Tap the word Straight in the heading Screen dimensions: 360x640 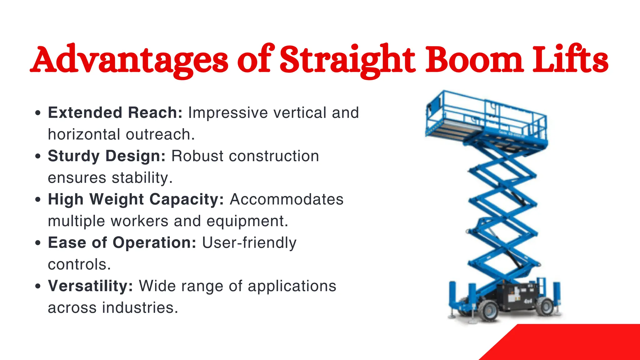(x=347, y=59)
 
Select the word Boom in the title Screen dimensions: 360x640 (x=475, y=59)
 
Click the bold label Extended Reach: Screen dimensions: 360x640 (x=115, y=112)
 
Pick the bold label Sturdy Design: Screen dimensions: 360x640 (x=107, y=156)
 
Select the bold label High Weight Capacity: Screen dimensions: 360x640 (x=136, y=199)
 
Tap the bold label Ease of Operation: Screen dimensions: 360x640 (x=122, y=242)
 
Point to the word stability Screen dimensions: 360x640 (x=141, y=178)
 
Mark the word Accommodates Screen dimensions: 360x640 (x=287, y=199)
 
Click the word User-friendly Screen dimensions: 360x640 (x=249, y=243)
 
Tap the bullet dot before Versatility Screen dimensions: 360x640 (x=38, y=286)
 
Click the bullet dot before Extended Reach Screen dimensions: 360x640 (x=38, y=113)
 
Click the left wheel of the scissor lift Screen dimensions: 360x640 (x=488, y=311)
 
